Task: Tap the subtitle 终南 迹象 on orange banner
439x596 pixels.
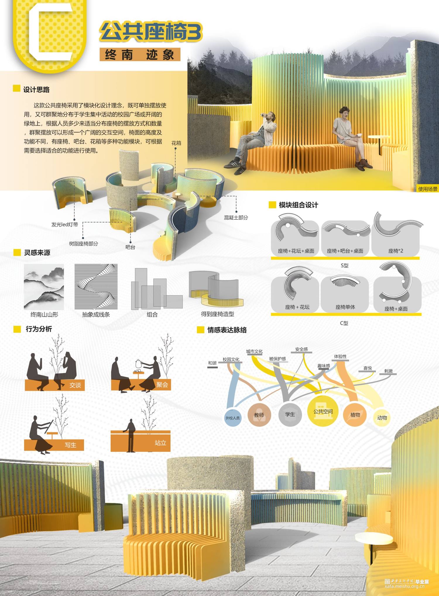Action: click(x=140, y=54)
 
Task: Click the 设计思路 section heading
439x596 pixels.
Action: click(x=36, y=90)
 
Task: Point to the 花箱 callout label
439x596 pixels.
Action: click(x=176, y=143)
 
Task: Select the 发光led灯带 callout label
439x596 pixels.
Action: click(x=65, y=224)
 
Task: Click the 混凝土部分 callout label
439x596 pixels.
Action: click(x=236, y=217)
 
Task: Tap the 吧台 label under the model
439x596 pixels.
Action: click(x=130, y=247)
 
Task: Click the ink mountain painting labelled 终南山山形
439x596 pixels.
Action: click(x=44, y=287)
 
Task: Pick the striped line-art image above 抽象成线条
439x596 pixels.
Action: click(x=96, y=287)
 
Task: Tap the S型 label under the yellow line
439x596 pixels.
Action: click(x=345, y=265)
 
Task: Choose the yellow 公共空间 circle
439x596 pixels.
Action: click(x=323, y=411)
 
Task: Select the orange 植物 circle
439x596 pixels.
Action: click(x=355, y=415)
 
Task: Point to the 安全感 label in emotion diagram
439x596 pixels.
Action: click(x=301, y=349)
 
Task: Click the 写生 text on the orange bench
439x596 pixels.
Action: click(x=71, y=445)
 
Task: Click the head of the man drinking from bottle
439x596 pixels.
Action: click(x=272, y=116)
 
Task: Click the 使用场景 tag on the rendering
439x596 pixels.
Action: click(x=428, y=189)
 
